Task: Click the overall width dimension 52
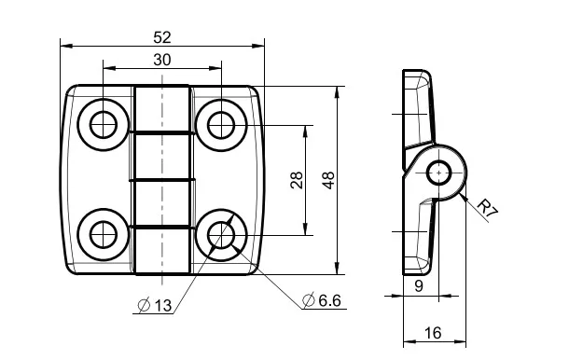point(162,37)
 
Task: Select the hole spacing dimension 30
point(162,60)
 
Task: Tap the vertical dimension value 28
point(297,180)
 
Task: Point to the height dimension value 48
point(328,180)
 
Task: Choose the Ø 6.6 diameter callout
point(322,300)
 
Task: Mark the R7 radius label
point(487,208)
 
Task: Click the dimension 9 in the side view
point(419,286)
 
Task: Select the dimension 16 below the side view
point(433,332)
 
